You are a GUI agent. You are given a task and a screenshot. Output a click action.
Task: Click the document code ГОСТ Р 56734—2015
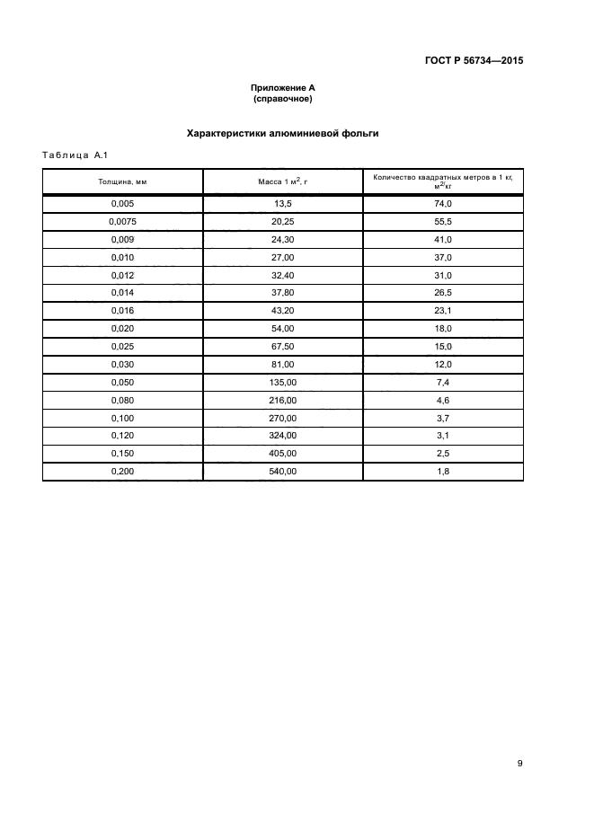[474, 61]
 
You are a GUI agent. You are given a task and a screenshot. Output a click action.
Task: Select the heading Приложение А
[282, 88]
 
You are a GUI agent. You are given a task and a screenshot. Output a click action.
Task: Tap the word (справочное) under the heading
[282, 99]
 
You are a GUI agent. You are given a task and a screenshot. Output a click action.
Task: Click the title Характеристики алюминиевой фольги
[282, 133]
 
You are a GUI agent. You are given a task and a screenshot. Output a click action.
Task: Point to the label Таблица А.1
[75, 156]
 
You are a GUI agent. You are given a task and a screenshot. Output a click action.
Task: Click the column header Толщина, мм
[122, 181]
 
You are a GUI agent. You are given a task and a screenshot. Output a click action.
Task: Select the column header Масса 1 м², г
[283, 181]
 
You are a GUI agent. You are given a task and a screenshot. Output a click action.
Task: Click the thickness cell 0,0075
[122, 222]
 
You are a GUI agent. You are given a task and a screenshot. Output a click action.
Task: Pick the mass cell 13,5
[283, 205]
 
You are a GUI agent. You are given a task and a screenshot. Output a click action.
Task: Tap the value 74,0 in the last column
[442, 205]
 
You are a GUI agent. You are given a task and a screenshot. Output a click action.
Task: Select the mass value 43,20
[283, 310]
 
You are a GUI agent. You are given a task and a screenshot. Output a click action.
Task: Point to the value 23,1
[442, 310]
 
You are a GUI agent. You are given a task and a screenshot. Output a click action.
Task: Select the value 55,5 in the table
[442, 222]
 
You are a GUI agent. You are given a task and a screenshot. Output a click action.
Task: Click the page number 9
[519, 764]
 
